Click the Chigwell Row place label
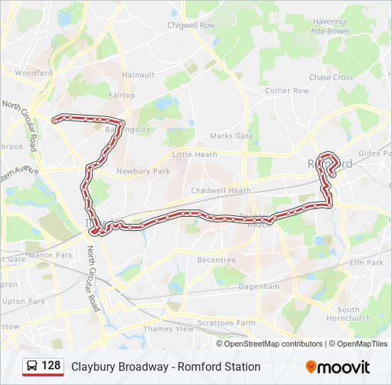pyautogui.click(x=191, y=25)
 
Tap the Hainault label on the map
pyautogui.click(x=138, y=74)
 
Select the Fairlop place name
pyautogui.click(x=123, y=95)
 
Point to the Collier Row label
pyautogui.click(x=287, y=91)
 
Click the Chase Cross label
pyautogui.click(x=331, y=77)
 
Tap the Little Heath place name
pyautogui.click(x=195, y=154)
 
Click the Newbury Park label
pyautogui.click(x=143, y=171)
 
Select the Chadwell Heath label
pyautogui.click(x=221, y=190)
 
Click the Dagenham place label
pyautogui.click(x=259, y=286)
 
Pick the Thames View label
pyautogui.click(x=168, y=329)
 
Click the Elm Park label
pyautogui.click(x=367, y=262)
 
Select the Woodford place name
pyautogui.click(x=34, y=73)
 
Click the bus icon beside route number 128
pyautogui.click(x=32, y=366)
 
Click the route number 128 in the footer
pyautogui.click(x=51, y=366)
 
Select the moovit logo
pyautogui.click(x=338, y=367)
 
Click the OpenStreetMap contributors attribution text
pyautogui.click(x=273, y=344)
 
